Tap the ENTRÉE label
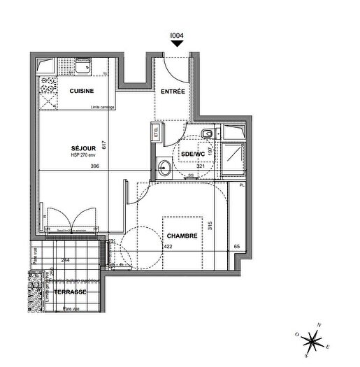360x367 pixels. coord(173,92)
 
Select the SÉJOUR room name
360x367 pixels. coord(83,148)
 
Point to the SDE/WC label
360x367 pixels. coord(192,154)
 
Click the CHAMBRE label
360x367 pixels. coord(180,236)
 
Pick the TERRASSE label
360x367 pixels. coord(72,292)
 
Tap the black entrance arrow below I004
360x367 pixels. coord(178,43)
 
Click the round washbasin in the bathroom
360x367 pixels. coord(164,167)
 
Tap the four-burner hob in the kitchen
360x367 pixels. coord(49,87)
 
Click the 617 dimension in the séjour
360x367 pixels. coord(103,145)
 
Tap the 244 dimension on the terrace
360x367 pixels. coord(65,260)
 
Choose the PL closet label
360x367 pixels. coord(242,185)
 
